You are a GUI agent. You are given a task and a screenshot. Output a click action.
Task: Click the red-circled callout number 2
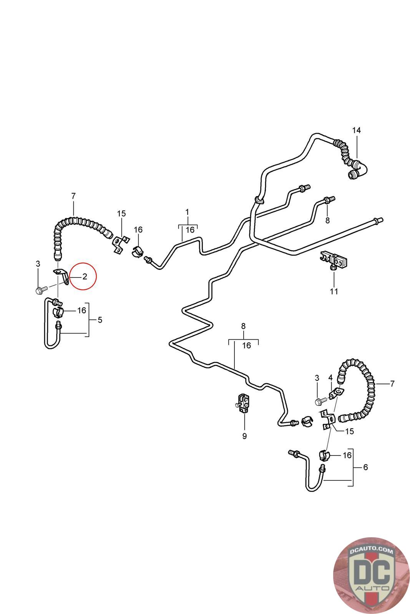coord(85,276)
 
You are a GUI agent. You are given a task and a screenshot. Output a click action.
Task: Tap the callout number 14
coord(356,130)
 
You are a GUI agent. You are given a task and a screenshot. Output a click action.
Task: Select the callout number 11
coord(334,291)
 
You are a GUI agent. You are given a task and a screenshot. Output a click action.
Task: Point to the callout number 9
coord(244,436)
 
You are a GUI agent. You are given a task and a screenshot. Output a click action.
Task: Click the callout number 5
coord(100,320)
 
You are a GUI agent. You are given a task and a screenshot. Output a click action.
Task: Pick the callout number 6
coord(365,467)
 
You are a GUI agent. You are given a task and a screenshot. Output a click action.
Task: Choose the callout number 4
coord(330,378)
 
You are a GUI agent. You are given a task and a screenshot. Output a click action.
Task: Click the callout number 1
coord(187,212)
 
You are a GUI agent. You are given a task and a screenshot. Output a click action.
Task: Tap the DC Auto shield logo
coord(371,575)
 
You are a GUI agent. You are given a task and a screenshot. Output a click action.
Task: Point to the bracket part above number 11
coord(334,260)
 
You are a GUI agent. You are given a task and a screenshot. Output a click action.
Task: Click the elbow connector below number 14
coord(357,171)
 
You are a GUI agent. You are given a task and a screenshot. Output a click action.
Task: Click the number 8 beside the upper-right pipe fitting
coord(327,221)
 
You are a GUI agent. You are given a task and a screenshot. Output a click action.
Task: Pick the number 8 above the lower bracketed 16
coord(243,326)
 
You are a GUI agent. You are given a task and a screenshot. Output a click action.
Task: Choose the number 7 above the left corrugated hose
coord(73,196)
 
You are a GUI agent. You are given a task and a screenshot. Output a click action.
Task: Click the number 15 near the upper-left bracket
coord(121,213)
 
